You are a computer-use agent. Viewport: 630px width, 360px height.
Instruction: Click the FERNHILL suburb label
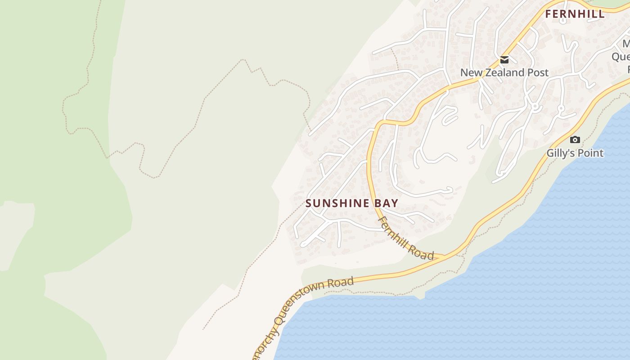575,14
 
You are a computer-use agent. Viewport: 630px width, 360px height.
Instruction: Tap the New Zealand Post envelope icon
504,60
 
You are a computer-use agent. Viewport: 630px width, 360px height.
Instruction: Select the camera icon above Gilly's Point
575,140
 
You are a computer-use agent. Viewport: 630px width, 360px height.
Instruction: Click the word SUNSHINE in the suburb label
337,203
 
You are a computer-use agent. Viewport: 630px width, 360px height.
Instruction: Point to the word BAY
387,203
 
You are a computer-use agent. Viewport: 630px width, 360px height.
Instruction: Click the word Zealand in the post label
501,72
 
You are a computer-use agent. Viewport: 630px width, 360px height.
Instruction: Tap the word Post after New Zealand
538,72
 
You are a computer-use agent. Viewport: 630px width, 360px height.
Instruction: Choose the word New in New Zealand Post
470,72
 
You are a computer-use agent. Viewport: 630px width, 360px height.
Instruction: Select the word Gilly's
561,153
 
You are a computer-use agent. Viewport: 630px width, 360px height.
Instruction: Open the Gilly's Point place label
575,153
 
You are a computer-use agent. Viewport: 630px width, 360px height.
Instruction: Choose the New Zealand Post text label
504,72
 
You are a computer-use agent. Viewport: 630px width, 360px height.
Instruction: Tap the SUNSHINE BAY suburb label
351,203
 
